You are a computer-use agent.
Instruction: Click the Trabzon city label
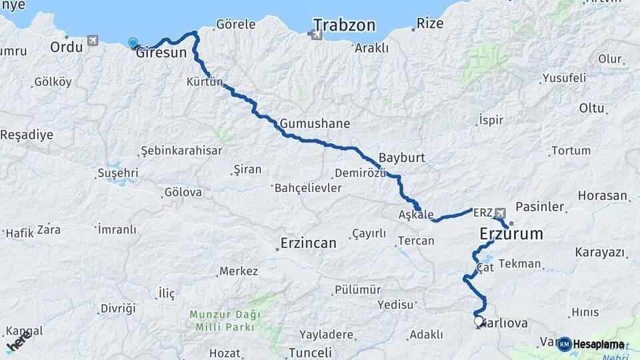344,25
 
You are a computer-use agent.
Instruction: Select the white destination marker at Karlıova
479,321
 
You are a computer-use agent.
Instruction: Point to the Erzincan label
309,243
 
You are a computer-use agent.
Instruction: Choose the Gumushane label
315,124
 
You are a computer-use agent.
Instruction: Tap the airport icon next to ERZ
500,213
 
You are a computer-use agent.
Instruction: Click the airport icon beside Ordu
92,41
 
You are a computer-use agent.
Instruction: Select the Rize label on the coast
429,24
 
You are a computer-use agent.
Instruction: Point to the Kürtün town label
204,82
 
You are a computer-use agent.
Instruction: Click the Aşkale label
415,215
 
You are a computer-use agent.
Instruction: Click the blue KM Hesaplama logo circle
564,344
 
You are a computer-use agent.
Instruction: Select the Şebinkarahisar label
182,151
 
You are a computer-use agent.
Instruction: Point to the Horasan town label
603,196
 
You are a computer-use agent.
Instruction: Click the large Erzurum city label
511,235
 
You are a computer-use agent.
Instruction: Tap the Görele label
236,25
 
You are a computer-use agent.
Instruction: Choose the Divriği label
118,308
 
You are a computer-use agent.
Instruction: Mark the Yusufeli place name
564,77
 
